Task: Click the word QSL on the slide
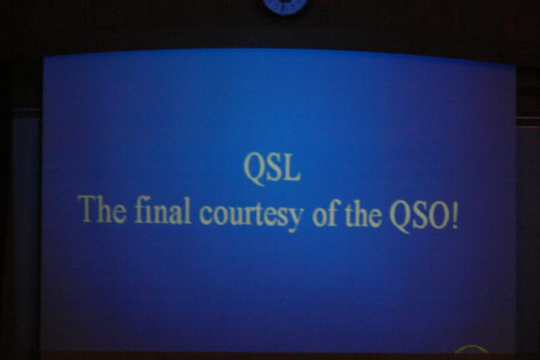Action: (x=272, y=169)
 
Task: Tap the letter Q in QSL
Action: (x=254, y=170)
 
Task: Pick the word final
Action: (x=163, y=210)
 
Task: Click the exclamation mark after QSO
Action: (x=455, y=216)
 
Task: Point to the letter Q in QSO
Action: (x=400, y=217)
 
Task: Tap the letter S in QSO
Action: (x=420, y=215)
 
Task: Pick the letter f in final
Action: (x=139, y=209)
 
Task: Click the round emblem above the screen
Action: (x=285, y=7)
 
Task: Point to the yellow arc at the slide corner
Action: (x=471, y=349)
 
